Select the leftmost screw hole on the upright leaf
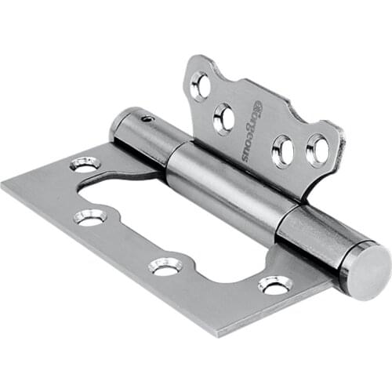(x=200, y=86)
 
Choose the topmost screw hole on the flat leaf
(x=85, y=164)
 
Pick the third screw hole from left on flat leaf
(x=165, y=267)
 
